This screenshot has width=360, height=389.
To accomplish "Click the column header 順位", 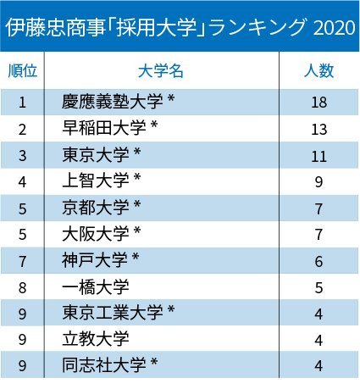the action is point(23,70).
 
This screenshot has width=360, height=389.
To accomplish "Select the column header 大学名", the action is point(161,70).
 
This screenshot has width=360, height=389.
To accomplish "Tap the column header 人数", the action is point(319,70).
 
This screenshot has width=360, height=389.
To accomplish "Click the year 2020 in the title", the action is point(334,28).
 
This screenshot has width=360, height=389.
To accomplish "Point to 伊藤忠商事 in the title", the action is point(55,28).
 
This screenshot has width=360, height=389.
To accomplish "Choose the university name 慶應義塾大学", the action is point(113,102).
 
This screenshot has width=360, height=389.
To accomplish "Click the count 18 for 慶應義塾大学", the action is point(319,103).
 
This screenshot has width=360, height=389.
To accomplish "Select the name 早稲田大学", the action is point(104,128).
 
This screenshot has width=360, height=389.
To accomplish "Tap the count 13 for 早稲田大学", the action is point(319,130).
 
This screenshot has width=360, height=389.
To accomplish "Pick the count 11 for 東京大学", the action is point(319,156).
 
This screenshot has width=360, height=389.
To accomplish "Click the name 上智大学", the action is point(96,181).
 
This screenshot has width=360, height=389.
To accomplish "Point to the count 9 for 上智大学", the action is point(318,182).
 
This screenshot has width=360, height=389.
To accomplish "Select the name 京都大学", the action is point(96,207).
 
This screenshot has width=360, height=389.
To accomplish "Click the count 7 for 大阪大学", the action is point(318,235).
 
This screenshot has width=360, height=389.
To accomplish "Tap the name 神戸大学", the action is point(95,260).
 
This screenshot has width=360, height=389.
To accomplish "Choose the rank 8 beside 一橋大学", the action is point(23,288).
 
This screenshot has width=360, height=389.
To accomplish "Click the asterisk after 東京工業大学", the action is point(171,309).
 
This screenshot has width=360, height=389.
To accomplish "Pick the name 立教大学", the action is point(96,339).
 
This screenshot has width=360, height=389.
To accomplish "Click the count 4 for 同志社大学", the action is point(318,366).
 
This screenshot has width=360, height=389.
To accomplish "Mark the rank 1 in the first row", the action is point(23,103).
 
